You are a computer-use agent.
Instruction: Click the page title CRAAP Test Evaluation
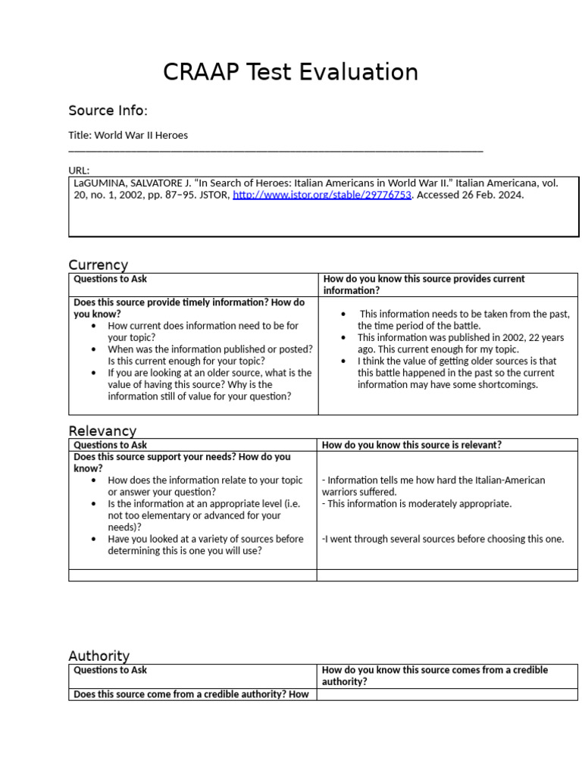click(x=290, y=72)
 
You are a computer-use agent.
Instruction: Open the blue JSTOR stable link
click(x=321, y=195)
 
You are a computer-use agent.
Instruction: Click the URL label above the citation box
click(x=78, y=171)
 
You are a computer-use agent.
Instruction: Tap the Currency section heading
click(x=98, y=264)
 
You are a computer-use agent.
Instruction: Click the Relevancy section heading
click(x=102, y=430)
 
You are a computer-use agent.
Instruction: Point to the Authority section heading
click(x=99, y=656)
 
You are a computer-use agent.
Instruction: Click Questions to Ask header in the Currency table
click(x=110, y=279)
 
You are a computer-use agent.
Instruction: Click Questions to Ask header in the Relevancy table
click(x=110, y=445)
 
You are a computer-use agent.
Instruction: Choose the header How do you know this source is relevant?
click(x=411, y=445)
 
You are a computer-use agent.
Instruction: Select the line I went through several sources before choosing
click(x=443, y=539)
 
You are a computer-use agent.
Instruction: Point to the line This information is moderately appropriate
click(x=416, y=503)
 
